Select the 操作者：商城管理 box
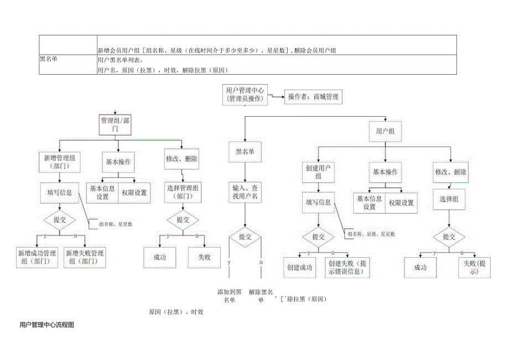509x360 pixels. pos(313,97)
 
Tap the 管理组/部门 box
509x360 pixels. pos(116,124)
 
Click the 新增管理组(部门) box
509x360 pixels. pos(60,161)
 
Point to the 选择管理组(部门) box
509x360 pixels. pos(183,192)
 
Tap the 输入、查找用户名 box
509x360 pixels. pos(245,192)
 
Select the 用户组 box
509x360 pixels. pos(385,131)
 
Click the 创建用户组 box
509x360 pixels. pos(318,171)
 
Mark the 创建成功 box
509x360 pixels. pos(299,268)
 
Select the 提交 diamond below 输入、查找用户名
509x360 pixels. pos(245,237)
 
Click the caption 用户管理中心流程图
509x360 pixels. pos(46,325)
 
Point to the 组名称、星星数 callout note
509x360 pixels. pos(115,224)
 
